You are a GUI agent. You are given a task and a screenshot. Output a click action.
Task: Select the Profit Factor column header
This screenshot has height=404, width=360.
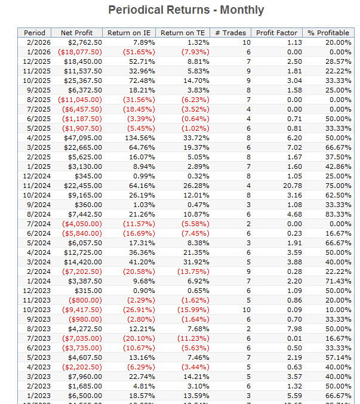coord(276,33)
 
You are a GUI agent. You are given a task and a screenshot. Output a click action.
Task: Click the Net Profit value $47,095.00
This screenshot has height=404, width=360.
coord(82,138)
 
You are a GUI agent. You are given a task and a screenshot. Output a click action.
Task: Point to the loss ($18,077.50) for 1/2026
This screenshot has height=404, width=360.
coord(79,52)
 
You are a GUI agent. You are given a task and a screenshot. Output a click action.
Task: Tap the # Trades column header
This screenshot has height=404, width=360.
coord(230,33)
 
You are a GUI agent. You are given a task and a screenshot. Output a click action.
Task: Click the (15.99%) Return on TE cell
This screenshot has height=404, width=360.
coord(193,310)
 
